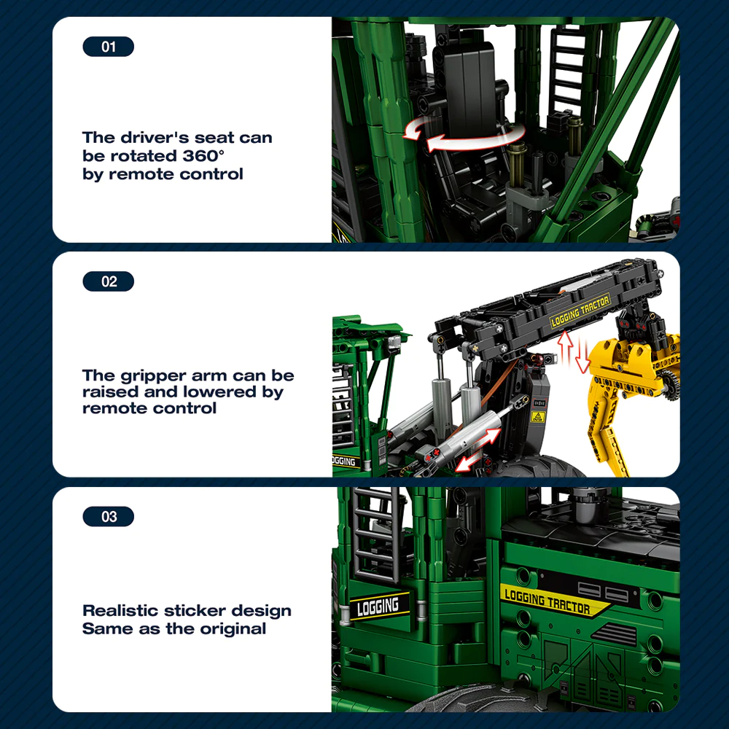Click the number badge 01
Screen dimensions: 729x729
pyautogui.click(x=109, y=47)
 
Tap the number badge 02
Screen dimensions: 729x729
pyautogui.click(x=109, y=281)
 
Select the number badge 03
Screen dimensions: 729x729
pyautogui.click(x=109, y=516)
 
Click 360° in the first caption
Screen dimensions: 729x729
pyautogui.click(x=203, y=155)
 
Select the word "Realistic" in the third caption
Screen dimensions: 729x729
pyautogui.click(x=120, y=610)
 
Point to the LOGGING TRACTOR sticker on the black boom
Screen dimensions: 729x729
pyautogui.click(x=580, y=311)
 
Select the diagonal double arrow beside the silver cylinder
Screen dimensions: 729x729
pyautogui.click(x=478, y=450)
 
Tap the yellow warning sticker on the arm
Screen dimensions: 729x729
pyautogui.click(x=538, y=416)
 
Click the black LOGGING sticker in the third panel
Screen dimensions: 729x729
pyautogui.click(x=379, y=607)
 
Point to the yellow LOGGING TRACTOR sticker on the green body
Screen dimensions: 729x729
pyautogui.click(x=551, y=601)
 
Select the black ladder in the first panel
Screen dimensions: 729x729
pyautogui.click(x=567, y=70)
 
